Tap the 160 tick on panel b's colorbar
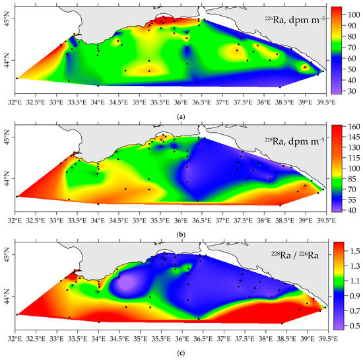coord(352,127)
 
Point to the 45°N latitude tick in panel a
coord(8,22)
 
